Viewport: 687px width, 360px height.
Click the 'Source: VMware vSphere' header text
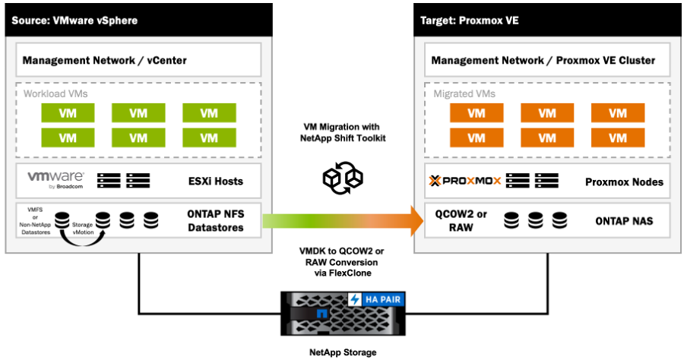[x=74, y=21]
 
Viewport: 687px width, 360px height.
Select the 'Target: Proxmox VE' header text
[x=469, y=21]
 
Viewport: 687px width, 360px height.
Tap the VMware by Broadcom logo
[x=55, y=179]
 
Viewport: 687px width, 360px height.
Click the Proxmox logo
[x=465, y=181]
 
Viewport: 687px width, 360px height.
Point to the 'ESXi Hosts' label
[x=216, y=182]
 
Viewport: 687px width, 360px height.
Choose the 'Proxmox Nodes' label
[x=625, y=182]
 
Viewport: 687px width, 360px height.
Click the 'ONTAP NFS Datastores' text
[x=216, y=221]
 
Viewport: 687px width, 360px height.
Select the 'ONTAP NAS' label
[x=624, y=221]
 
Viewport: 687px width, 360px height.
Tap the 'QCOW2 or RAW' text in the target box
[x=461, y=221]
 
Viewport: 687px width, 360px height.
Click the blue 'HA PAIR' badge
[x=376, y=299]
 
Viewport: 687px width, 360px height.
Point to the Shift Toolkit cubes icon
[x=343, y=178]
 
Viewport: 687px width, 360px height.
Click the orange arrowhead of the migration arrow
[x=416, y=221]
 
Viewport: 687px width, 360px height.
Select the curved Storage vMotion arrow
[x=83, y=239]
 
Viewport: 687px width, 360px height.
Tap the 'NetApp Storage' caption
[x=343, y=352]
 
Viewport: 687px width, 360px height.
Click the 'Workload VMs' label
[x=55, y=93]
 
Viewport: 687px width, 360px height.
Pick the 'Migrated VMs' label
[x=464, y=93]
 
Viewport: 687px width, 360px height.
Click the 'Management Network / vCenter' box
[x=138, y=60]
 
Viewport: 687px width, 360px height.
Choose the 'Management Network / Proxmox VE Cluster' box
[x=547, y=60]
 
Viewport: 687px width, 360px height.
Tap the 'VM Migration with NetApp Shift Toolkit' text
[x=343, y=132]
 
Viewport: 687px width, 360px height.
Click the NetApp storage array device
[x=343, y=314]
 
